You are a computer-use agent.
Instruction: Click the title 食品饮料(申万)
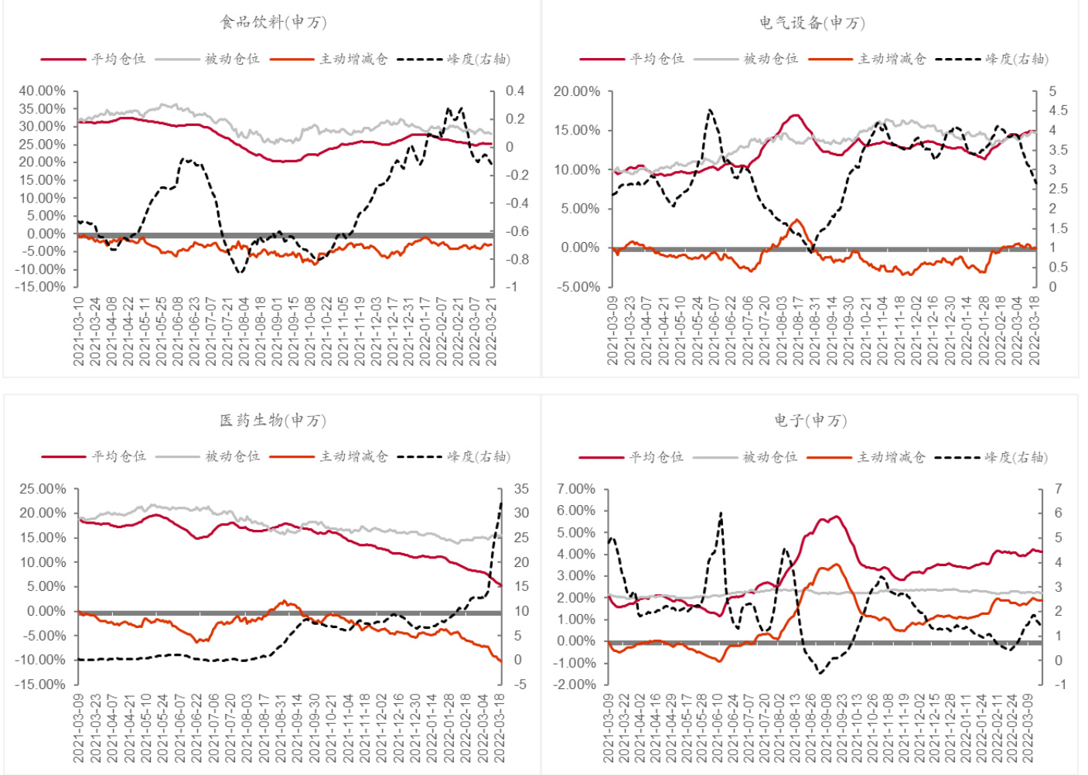pyautogui.click(x=273, y=22)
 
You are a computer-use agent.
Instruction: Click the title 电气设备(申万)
pyautogui.click(x=811, y=22)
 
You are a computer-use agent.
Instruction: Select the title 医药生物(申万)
pyautogui.click(x=273, y=420)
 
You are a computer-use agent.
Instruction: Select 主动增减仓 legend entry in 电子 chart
pyautogui.click(x=891, y=457)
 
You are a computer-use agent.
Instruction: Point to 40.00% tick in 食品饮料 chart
pyautogui.click(x=43, y=91)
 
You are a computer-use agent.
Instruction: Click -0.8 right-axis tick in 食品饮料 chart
pyautogui.click(x=517, y=259)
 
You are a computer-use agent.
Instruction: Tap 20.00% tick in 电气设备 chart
pyautogui.click(x=577, y=91)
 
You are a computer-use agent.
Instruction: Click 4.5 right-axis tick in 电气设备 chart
pyautogui.click(x=1058, y=111)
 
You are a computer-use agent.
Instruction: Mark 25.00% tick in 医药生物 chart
pyautogui.click(x=43, y=489)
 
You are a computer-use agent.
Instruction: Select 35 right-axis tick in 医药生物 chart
pyautogui.click(x=521, y=489)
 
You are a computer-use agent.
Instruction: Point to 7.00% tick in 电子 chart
pyautogui.click(x=576, y=489)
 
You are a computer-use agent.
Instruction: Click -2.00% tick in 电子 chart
pyautogui.click(x=576, y=685)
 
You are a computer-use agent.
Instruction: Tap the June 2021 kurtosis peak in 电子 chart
pyautogui.click(x=721, y=513)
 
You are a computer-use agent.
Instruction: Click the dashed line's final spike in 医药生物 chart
pyautogui.click(x=500, y=504)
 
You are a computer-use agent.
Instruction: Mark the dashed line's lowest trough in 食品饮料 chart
pyautogui.click(x=240, y=272)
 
